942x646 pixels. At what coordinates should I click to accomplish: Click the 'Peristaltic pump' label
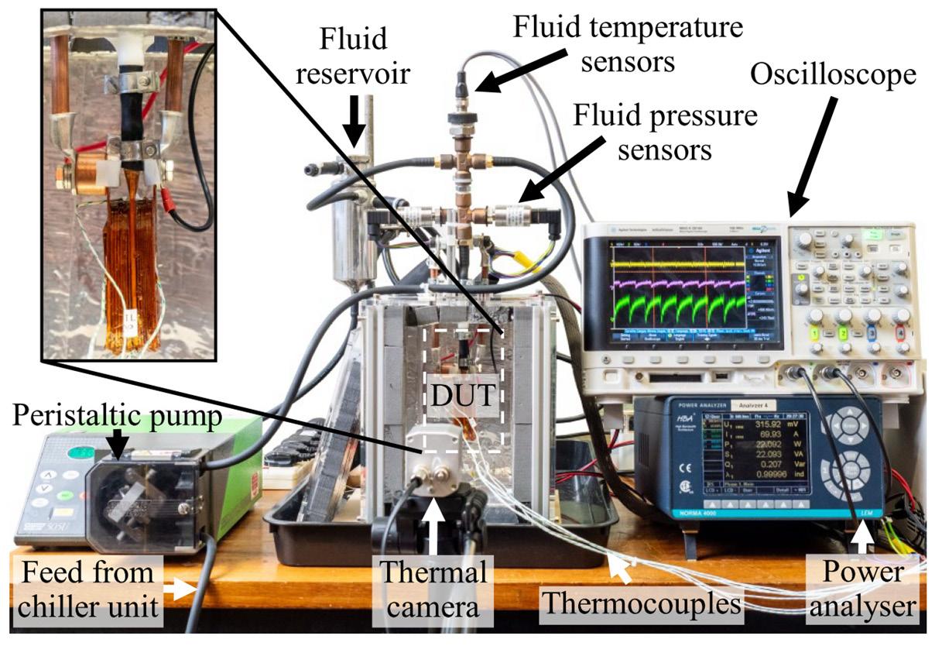(x=117, y=418)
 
